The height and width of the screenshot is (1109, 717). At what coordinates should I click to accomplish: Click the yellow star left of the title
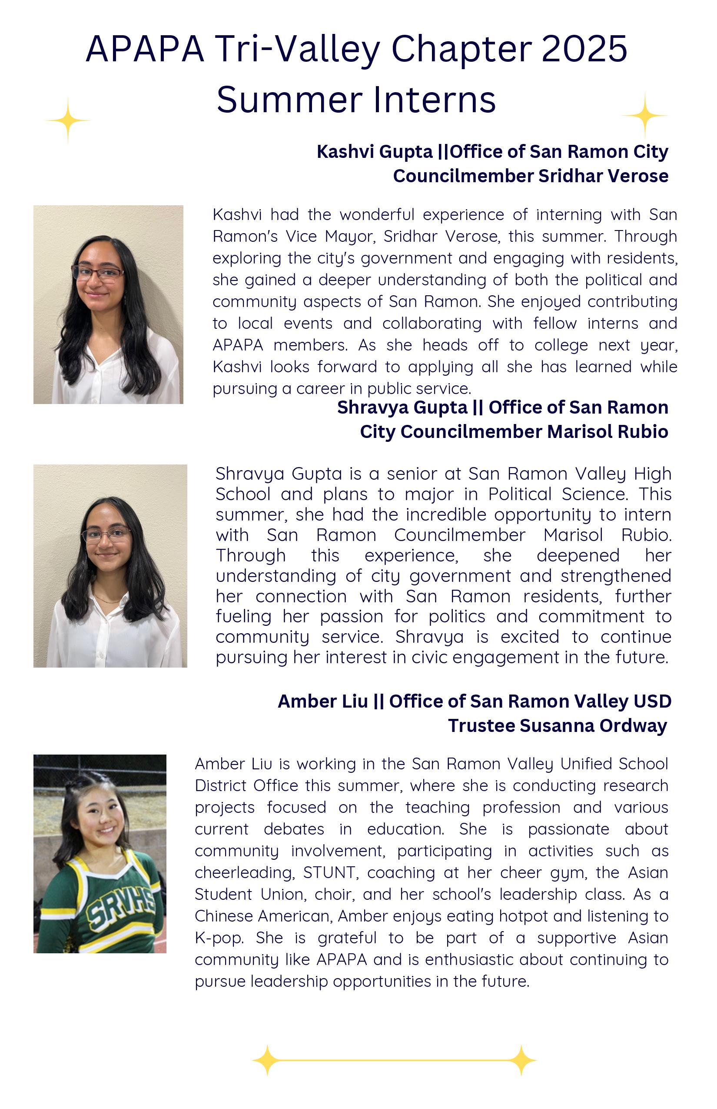68,120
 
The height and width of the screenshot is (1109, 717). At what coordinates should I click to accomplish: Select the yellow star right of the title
645,115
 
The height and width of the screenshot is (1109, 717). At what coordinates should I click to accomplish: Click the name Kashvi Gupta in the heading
374,152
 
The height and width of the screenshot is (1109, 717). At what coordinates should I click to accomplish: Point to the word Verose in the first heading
638,176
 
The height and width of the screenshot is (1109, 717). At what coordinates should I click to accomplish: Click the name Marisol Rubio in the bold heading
607,431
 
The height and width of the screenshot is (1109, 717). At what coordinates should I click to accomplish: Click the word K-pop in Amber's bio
219,938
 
